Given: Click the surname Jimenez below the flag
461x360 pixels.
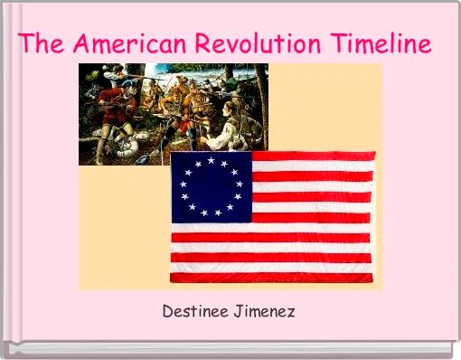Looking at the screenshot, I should point(265,312).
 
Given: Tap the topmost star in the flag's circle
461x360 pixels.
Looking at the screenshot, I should point(211,160).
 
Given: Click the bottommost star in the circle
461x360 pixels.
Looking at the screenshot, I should point(211,214).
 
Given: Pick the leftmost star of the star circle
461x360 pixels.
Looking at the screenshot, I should point(183,187).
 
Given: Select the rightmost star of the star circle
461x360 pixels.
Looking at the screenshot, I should point(240,187).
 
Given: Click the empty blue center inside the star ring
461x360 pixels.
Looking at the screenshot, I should point(211,187).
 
